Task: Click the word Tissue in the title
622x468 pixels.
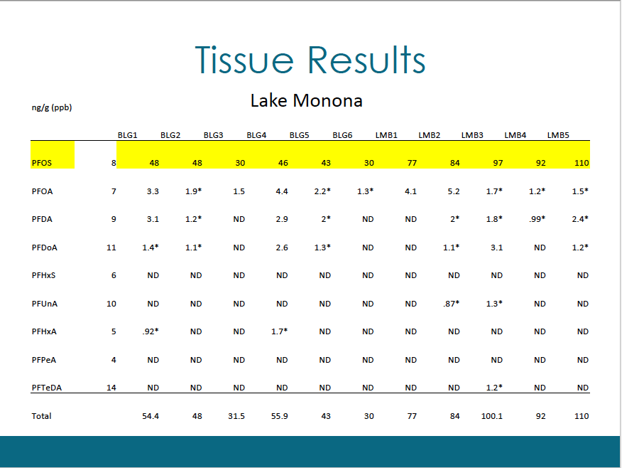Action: pyautogui.click(x=244, y=60)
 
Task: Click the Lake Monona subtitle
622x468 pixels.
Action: pyautogui.click(x=306, y=100)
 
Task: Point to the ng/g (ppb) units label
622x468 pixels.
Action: pyautogui.click(x=52, y=107)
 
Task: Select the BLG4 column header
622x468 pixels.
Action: pyautogui.click(x=256, y=135)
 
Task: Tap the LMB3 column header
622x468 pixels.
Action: pyautogui.click(x=472, y=135)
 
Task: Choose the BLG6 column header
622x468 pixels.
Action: pyautogui.click(x=342, y=135)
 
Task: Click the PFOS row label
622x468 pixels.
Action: pyautogui.click(x=42, y=163)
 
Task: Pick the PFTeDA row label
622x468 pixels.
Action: pyautogui.click(x=47, y=388)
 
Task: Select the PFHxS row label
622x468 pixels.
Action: pyautogui.click(x=43, y=275)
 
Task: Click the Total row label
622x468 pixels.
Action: pyautogui.click(x=41, y=416)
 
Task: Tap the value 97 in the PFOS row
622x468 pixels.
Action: pyautogui.click(x=498, y=163)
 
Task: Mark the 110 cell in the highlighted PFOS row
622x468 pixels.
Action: pyautogui.click(x=582, y=163)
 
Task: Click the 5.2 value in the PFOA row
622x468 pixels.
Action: pyautogui.click(x=454, y=191)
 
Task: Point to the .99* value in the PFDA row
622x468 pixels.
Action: pyautogui.click(x=537, y=219)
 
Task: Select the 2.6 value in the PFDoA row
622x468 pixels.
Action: pyautogui.click(x=282, y=248)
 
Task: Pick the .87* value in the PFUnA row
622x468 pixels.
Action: pyautogui.click(x=452, y=304)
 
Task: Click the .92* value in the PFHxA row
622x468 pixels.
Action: pyautogui.click(x=151, y=331)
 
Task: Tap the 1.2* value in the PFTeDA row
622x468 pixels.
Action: pyautogui.click(x=494, y=388)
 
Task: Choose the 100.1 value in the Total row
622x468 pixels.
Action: pyautogui.click(x=492, y=416)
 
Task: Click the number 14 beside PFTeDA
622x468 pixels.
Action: pyautogui.click(x=111, y=388)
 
